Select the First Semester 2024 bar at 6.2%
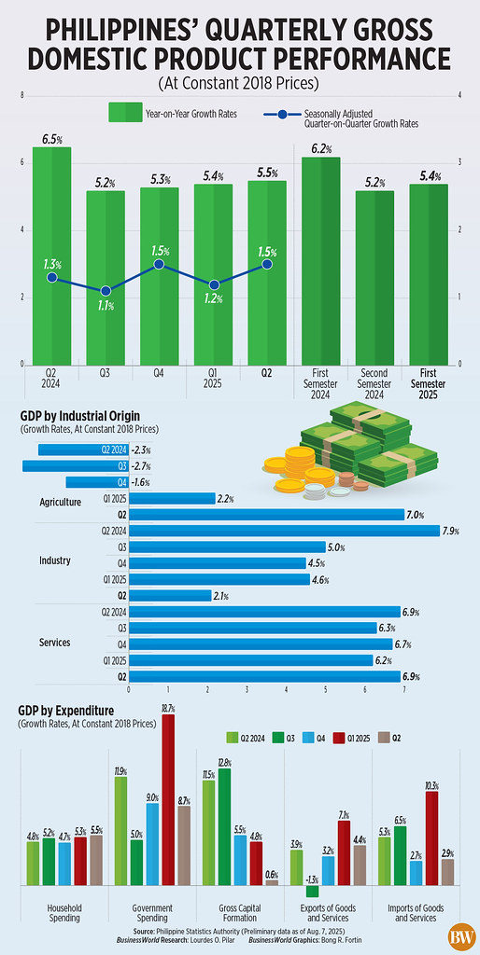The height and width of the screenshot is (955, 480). pyautogui.click(x=320, y=260)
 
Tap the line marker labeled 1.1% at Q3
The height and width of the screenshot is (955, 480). pyautogui.click(x=105, y=291)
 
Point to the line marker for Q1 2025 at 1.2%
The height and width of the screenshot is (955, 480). pyautogui.click(x=213, y=284)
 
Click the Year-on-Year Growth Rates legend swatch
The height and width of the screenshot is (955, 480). pyautogui.click(x=123, y=113)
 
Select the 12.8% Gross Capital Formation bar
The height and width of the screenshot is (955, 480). pyautogui.click(x=223, y=826)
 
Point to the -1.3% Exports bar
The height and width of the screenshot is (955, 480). pyautogui.click(x=312, y=892)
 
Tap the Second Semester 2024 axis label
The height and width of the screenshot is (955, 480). pyautogui.click(x=374, y=382)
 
